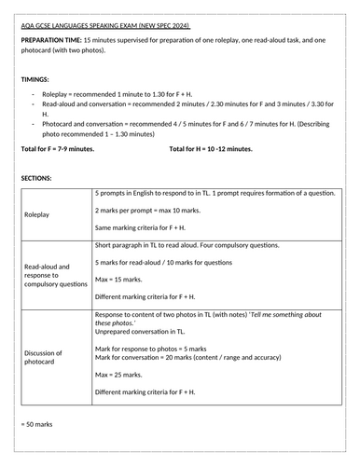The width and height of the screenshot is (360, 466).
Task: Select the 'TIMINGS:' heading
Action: pyautogui.click(x=35, y=80)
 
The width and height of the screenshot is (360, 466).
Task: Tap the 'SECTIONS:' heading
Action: pyautogui.click(x=36, y=175)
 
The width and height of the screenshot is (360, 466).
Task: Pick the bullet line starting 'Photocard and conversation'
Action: pyautogui.click(x=187, y=127)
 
